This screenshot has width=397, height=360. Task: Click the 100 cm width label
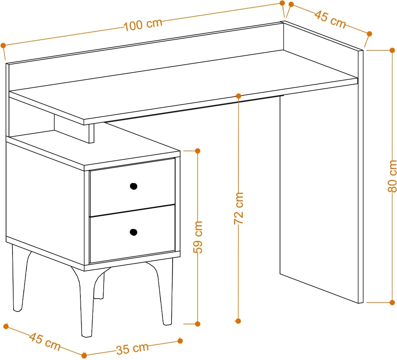point(143,24)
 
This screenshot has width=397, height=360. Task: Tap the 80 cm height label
point(392,176)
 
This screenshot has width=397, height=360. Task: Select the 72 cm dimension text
point(238,208)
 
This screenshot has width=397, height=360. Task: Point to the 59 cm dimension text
point(198,237)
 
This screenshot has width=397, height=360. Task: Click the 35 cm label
point(133,349)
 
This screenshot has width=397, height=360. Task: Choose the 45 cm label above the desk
point(330,19)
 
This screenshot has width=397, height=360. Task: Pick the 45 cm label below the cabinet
point(45,341)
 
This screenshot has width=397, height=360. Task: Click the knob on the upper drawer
point(133,186)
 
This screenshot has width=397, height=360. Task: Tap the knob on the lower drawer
point(133,232)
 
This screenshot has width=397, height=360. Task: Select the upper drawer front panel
point(133,187)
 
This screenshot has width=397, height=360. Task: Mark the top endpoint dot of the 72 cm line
point(238,96)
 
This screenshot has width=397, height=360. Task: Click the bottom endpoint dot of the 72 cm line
point(238,321)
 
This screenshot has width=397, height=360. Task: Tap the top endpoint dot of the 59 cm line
point(198,151)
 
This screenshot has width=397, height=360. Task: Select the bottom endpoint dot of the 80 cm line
point(392,302)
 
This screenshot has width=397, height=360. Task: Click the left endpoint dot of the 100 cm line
point(3,46)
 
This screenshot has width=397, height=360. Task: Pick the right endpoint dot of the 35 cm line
point(180,341)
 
